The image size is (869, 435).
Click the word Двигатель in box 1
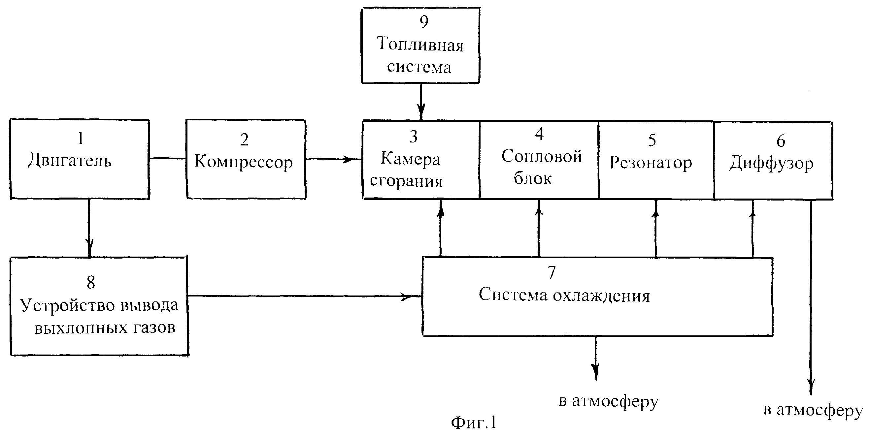click(70, 160)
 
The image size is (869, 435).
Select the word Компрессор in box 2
click(244, 162)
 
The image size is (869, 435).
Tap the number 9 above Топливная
click(424, 21)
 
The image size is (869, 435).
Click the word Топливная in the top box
click(420, 44)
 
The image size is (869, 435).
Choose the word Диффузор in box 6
click(771, 164)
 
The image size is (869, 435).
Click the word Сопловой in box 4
click(542, 156)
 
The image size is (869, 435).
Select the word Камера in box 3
click(411, 159)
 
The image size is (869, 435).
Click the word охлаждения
click(601, 296)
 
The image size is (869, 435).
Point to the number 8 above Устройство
click(91, 282)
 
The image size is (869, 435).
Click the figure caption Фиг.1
click(474, 422)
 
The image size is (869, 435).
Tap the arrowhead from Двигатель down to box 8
click(89, 249)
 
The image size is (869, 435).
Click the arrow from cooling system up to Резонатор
click(656, 229)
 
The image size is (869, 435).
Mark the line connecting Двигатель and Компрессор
click(168, 158)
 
